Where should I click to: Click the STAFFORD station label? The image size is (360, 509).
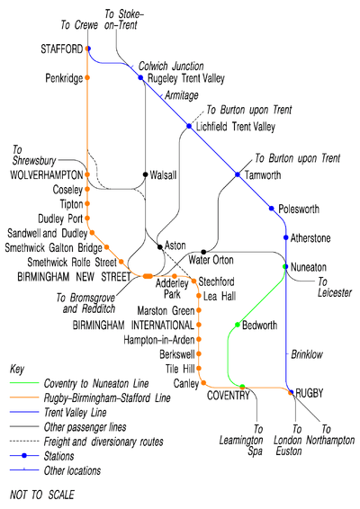point(62,49)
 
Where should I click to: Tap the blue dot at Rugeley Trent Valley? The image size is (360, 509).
point(140,77)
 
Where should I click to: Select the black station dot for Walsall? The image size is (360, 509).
point(146,174)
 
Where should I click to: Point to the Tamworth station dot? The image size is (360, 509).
point(238,174)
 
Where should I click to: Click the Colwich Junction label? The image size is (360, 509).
point(171,66)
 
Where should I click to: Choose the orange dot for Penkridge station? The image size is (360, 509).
point(87,77)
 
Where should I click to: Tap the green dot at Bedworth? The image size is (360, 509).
point(238,325)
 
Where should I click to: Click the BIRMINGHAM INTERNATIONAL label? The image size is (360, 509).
point(133,325)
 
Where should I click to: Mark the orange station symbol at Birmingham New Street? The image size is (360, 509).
point(148,276)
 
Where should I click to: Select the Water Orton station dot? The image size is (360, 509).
point(203,252)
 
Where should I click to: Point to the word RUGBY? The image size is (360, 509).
point(310,393)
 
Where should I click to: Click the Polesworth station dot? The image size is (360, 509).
point(272,209)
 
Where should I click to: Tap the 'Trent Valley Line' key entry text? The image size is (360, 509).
point(76,413)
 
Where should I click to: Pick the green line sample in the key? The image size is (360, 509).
point(24,383)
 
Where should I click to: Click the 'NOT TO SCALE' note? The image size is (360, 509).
point(42,495)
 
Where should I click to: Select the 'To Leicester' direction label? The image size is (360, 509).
point(335,287)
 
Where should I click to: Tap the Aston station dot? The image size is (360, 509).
point(160,247)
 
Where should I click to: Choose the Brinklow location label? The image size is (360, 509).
point(307,354)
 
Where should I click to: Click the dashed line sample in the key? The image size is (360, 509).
point(24,442)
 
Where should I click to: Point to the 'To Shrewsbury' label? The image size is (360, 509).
point(34,156)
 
